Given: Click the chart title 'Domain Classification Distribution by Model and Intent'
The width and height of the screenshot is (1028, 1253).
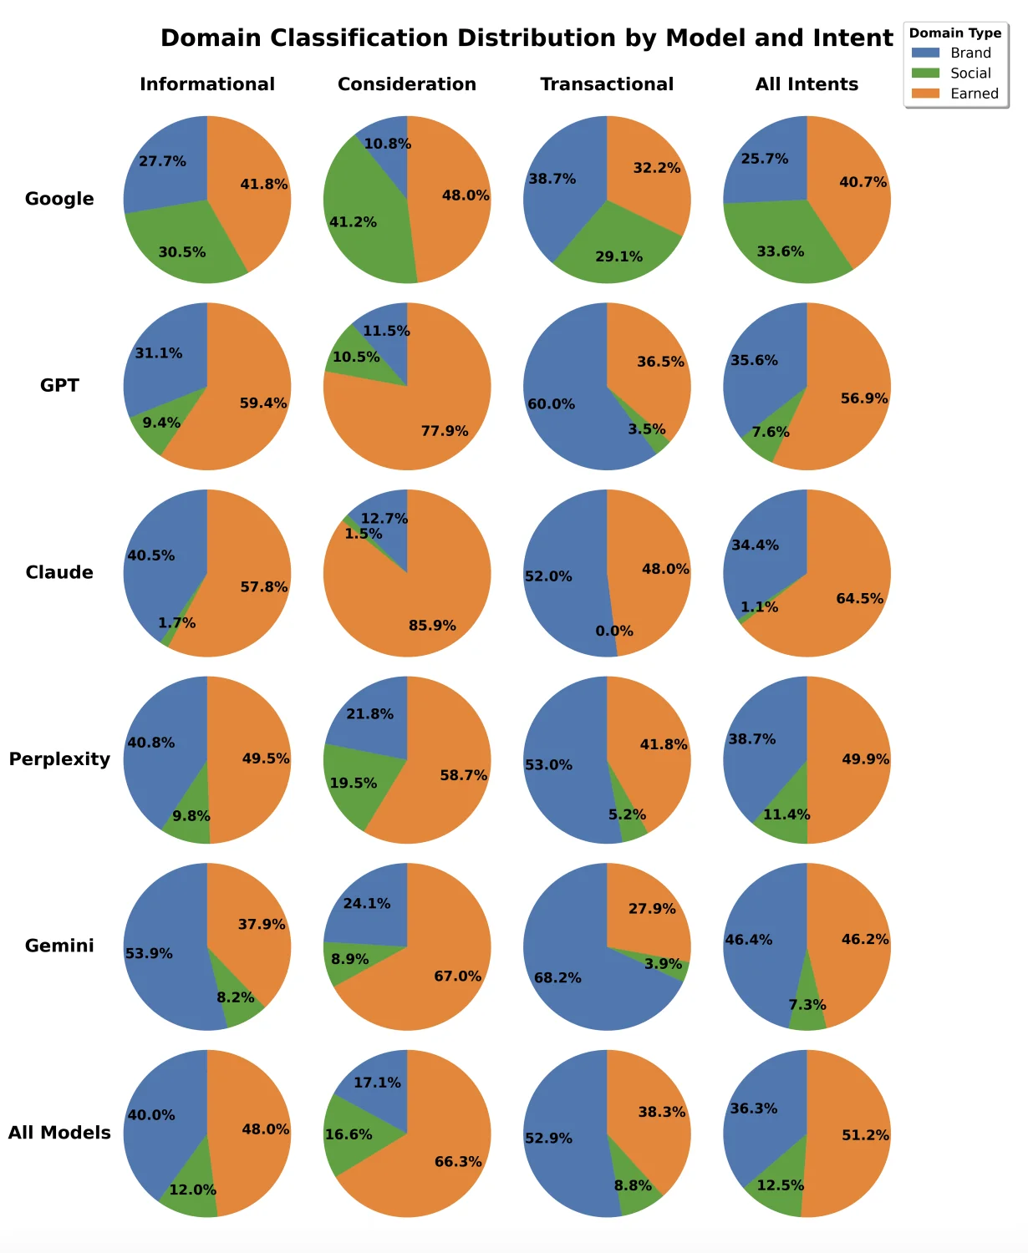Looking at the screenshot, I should click(x=527, y=38).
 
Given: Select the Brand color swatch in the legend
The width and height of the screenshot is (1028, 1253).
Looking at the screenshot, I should click(x=925, y=53).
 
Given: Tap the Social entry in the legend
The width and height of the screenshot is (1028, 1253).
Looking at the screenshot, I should click(x=969, y=74).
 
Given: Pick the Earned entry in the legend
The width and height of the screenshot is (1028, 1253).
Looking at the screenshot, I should click(x=974, y=94).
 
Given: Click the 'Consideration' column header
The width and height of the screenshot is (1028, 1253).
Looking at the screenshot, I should click(x=407, y=84).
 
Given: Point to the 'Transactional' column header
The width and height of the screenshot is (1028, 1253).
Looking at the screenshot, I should click(x=607, y=84).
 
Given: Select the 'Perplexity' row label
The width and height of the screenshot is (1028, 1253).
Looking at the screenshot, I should click(x=59, y=759).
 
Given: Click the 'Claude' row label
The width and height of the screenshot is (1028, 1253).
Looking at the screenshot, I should click(x=59, y=572).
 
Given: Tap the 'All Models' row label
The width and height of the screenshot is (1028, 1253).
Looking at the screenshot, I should click(x=59, y=1133).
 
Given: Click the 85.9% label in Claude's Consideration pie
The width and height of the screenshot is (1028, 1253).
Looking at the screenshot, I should click(x=432, y=626).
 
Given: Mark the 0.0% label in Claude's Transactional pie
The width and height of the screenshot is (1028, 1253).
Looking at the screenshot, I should click(x=614, y=632).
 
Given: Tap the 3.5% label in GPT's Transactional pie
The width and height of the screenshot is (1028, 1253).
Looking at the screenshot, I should click(x=647, y=429).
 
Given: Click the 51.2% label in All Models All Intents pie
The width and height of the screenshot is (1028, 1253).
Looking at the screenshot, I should click(x=865, y=1135).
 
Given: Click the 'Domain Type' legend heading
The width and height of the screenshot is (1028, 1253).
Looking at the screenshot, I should click(x=955, y=33).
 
